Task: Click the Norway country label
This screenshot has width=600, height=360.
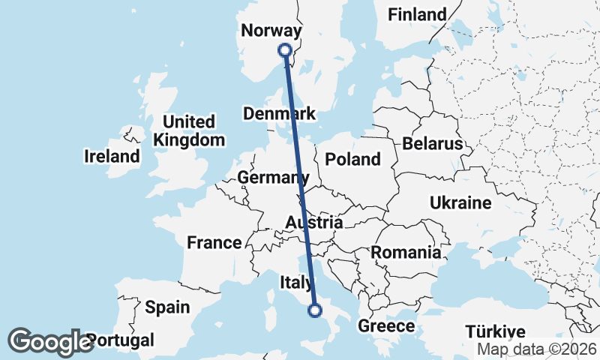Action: [271, 31]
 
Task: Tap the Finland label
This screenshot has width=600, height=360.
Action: [417, 14]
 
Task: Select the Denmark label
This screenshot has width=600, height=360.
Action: [280, 114]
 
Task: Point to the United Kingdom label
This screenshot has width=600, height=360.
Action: [189, 130]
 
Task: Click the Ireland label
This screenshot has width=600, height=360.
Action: [112, 157]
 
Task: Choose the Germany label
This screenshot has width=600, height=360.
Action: [273, 178]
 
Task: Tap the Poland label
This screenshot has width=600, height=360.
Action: [352, 159]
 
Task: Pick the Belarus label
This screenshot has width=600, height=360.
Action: [433, 143]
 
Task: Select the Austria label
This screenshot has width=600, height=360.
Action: [314, 223]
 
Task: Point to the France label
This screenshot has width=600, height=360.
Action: [214, 242]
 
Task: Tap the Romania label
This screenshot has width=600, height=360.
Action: [406, 252]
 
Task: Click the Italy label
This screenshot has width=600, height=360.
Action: [295, 283]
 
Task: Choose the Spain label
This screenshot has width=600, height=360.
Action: [167, 307]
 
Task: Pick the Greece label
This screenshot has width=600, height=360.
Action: [386, 326]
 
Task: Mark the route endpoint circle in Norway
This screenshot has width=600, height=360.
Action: [285, 50]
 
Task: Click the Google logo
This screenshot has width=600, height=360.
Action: [50, 342]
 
